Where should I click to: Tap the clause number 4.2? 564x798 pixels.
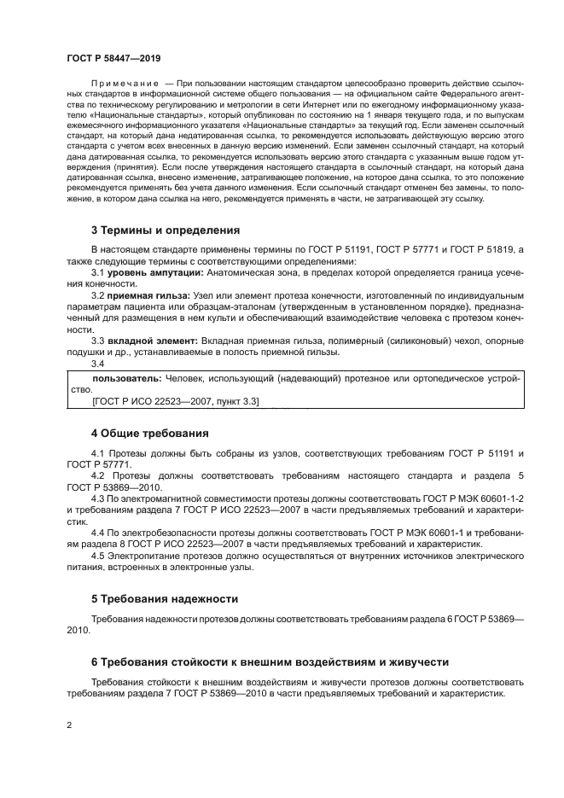pyautogui.click(x=98, y=475)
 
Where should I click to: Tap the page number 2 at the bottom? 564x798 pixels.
pyautogui.click(x=68, y=725)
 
